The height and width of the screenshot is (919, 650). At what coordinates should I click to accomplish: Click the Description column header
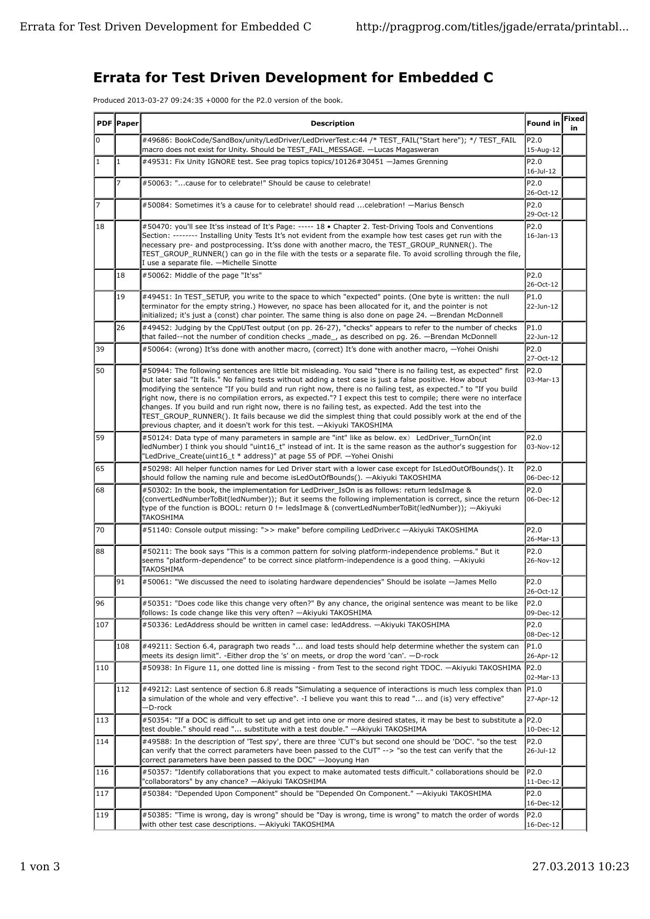pos(332,124)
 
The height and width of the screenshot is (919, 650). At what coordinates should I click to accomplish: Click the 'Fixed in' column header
pos(574,123)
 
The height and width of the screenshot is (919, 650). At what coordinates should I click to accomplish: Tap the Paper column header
pos(127,124)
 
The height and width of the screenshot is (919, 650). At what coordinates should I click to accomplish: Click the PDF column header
pos(104,124)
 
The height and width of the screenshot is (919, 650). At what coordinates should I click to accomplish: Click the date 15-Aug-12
pos(543,150)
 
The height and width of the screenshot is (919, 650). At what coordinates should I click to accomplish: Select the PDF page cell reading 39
pos(100,349)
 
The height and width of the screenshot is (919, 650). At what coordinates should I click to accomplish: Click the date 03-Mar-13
pos(543,380)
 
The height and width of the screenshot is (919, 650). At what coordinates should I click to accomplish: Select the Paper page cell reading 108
pos(123,647)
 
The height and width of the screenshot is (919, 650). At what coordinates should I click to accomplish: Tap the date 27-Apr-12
pos(543,699)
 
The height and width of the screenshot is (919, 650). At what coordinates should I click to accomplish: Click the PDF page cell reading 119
pos(102,815)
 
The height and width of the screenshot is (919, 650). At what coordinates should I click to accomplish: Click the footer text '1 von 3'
pos(40,867)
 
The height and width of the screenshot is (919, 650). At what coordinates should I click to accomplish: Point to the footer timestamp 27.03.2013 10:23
pos(580,867)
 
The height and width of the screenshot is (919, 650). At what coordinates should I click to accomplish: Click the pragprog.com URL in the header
pos(492,27)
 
